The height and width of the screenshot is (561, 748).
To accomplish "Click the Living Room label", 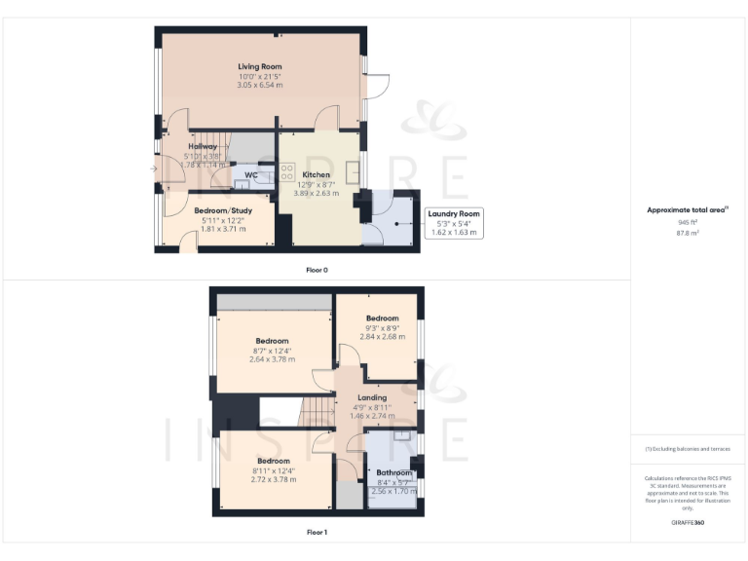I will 260,66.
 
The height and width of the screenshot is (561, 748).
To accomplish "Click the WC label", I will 250,175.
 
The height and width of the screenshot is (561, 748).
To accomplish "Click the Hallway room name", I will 203,147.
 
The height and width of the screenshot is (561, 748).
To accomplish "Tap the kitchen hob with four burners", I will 287,171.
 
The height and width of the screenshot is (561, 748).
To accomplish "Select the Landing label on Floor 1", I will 372,397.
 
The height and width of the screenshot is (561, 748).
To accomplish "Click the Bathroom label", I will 394,472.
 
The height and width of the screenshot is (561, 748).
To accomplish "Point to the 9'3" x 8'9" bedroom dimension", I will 382,328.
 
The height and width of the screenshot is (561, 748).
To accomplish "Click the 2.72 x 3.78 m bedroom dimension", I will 273,479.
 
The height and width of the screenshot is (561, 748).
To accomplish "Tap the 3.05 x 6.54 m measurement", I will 260,86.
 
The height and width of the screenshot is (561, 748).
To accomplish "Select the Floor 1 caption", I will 317,533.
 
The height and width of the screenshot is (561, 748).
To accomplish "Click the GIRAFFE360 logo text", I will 688,523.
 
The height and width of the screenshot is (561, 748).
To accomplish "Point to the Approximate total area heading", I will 688,209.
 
